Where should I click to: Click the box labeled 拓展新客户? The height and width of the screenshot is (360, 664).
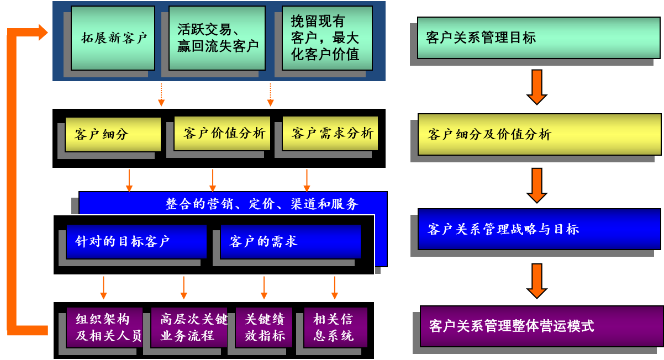pyautogui.click(x=113, y=38)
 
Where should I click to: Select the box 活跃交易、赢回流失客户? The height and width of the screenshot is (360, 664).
pyautogui.click(x=217, y=38)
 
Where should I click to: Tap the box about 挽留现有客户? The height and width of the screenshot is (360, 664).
pyautogui.click(x=326, y=38)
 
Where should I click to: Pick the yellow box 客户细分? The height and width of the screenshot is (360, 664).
pyautogui.click(x=113, y=134)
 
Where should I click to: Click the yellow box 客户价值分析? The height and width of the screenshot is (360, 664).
pyautogui.click(x=222, y=133)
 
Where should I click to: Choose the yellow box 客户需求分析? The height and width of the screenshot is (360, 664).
pyautogui.click(x=330, y=133)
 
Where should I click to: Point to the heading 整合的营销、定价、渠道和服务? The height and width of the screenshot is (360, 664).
pyautogui.click(x=262, y=204)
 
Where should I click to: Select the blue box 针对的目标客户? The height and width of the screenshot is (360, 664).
pyautogui.click(x=136, y=241)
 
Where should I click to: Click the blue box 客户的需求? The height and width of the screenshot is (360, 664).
pyautogui.click(x=290, y=241)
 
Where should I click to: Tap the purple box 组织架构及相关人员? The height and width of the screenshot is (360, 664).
pyautogui.click(x=104, y=327)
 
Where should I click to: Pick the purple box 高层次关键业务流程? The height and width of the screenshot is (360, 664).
pyautogui.click(x=189, y=327)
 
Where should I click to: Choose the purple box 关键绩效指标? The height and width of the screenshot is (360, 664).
pyautogui.click(x=264, y=327)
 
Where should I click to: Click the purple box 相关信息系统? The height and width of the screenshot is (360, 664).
pyautogui.click(x=335, y=327)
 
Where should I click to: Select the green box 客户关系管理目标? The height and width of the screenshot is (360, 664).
pyautogui.click(x=538, y=38)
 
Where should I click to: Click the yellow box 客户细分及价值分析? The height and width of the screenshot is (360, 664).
pyautogui.click(x=539, y=134)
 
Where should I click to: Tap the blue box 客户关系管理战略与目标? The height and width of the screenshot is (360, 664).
pyautogui.click(x=539, y=229)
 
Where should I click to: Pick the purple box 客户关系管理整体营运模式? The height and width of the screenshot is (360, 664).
pyautogui.click(x=541, y=326)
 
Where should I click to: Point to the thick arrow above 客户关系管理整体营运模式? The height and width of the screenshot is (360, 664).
pyautogui.click(x=537, y=280)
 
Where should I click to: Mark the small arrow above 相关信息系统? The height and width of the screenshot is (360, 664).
pyautogui.click(x=335, y=288)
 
